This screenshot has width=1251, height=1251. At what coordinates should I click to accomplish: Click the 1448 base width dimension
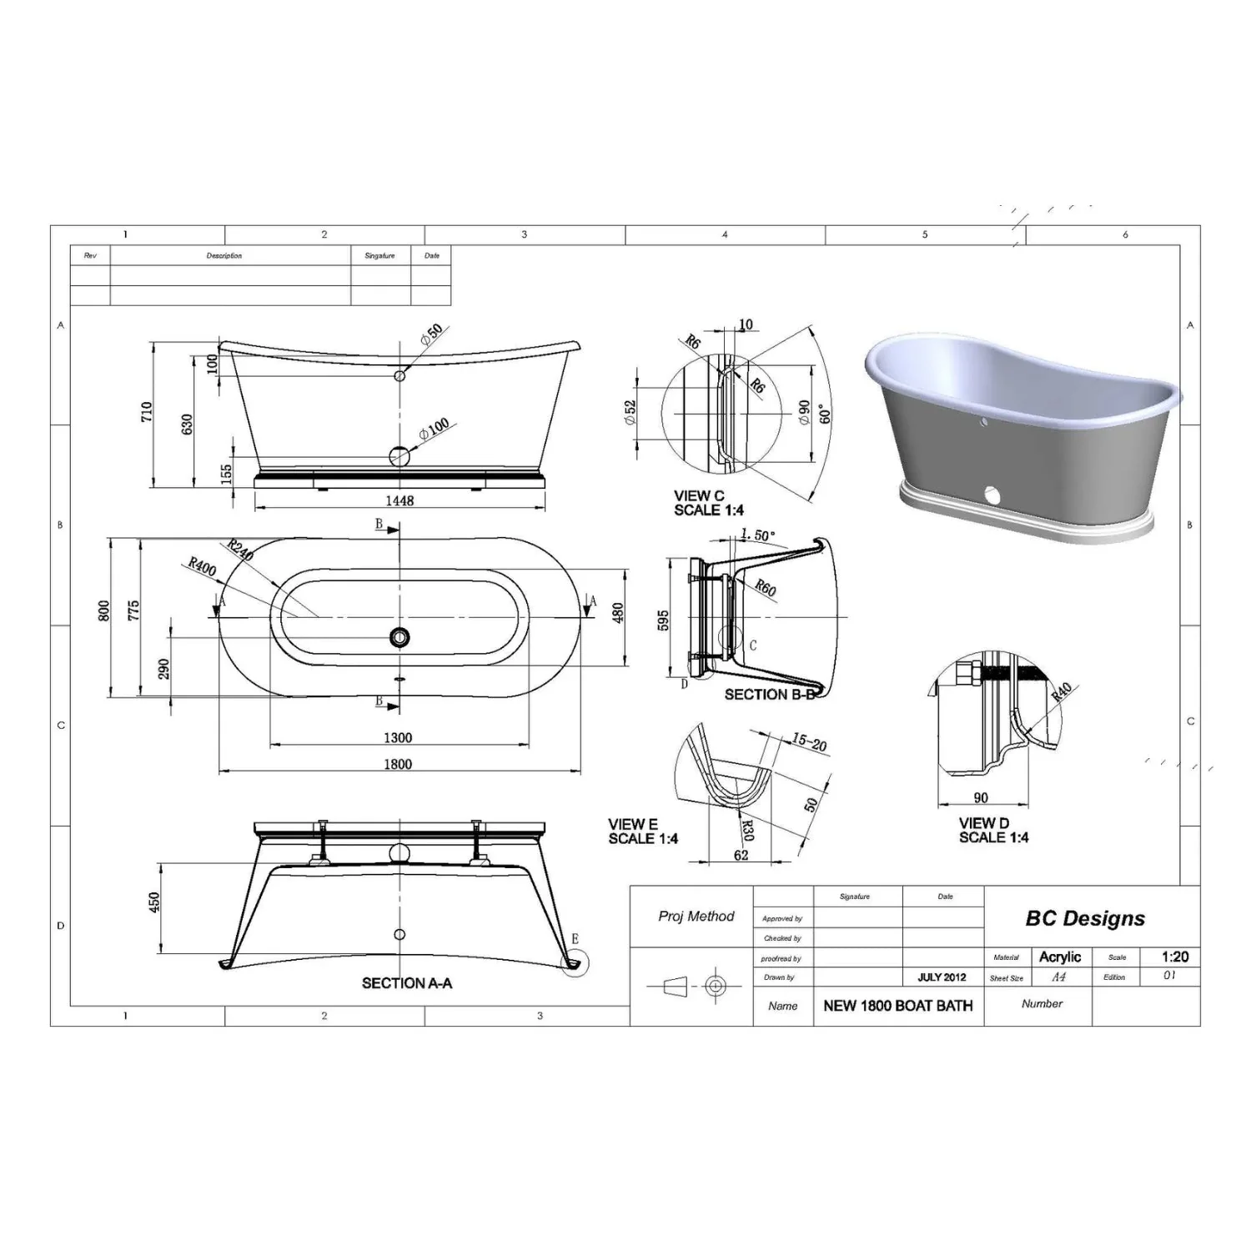(399, 500)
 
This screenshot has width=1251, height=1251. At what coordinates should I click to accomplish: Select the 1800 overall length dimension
(398, 764)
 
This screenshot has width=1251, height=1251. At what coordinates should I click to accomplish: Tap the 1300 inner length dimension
(398, 737)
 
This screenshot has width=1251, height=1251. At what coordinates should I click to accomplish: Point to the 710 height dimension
(147, 413)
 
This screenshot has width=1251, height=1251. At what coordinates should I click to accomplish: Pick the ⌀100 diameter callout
(434, 429)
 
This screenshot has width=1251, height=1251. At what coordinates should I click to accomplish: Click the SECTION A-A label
(407, 983)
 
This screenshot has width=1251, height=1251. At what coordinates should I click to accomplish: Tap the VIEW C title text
(699, 495)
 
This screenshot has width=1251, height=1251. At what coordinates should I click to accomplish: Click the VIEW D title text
(983, 823)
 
